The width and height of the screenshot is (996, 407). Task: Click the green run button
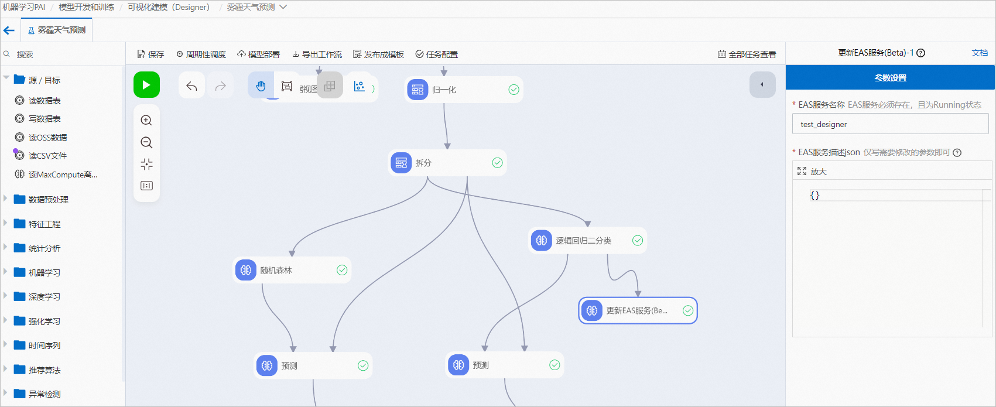[146, 85]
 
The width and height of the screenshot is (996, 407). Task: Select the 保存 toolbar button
[150, 54]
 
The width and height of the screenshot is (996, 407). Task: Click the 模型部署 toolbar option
[258, 54]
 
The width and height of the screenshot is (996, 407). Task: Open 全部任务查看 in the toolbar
[747, 54]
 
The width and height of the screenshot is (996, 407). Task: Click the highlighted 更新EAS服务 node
[637, 310]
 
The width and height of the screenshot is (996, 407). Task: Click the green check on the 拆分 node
[497, 163]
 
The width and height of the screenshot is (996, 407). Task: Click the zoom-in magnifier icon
[146, 121]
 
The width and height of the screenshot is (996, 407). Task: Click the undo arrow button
[191, 86]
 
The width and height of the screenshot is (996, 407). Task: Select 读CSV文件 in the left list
[47, 156]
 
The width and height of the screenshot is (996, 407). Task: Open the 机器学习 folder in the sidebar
[44, 272]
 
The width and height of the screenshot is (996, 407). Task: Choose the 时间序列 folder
[44, 346]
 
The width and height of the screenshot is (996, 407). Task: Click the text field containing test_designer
[890, 124]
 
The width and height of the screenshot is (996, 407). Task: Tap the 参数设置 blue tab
[890, 78]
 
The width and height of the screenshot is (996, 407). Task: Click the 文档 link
[979, 53]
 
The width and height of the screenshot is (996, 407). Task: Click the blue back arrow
[9, 30]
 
